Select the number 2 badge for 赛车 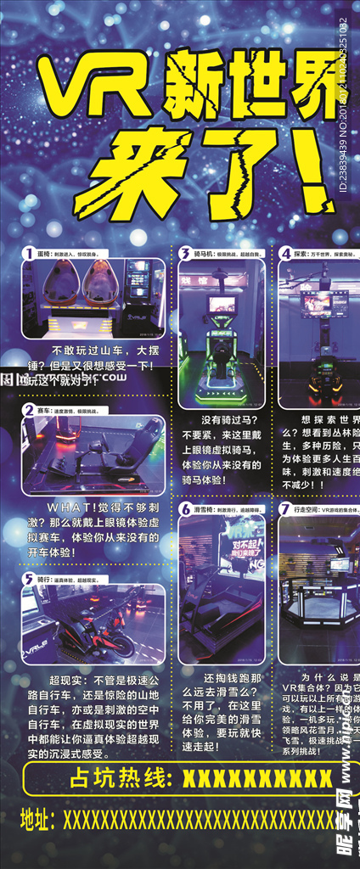pos(29,409)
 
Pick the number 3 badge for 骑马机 pos(184,253)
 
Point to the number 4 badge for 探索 pos(286,253)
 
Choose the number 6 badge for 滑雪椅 pos(184,508)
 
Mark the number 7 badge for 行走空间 pos(286,508)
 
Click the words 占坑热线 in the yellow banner pos(120,778)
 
